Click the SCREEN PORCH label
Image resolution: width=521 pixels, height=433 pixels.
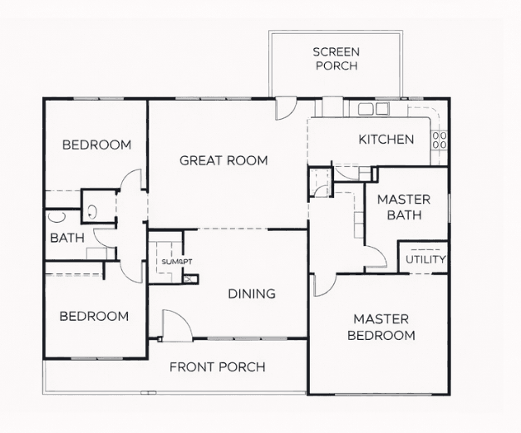coord(337,59)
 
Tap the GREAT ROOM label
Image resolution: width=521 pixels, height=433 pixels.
coord(224,161)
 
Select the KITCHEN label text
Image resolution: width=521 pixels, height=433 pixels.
coord(386,140)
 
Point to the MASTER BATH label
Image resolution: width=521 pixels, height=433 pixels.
coord(404,208)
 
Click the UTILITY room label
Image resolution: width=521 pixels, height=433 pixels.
coord(425,259)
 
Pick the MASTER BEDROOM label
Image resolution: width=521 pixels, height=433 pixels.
coord(381,327)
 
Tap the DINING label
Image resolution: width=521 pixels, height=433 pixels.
coord(252,293)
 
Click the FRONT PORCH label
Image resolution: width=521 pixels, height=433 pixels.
coord(218,367)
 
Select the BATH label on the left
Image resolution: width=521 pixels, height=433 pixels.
coord(67,238)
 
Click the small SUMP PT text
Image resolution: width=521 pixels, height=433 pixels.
coord(177,262)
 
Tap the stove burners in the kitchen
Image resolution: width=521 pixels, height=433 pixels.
coord(440,140)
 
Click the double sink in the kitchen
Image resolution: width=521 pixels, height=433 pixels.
coord(373,109)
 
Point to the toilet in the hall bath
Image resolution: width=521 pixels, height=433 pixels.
coord(92,212)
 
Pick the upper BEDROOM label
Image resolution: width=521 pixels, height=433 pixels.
coord(96,145)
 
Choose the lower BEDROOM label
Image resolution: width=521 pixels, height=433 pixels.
coord(94,317)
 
